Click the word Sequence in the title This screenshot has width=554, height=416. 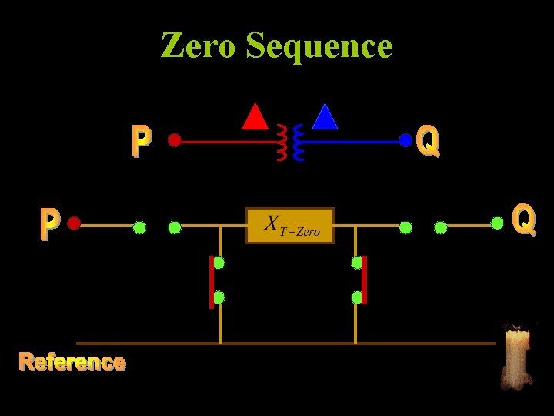click(x=319, y=47)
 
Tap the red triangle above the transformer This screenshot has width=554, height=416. click(x=255, y=116)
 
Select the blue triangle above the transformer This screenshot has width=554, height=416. click(x=325, y=116)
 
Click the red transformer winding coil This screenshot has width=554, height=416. click(x=282, y=143)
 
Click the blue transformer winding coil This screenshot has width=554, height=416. click(x=299, y=143)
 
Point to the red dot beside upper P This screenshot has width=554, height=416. click(x=175, y=141)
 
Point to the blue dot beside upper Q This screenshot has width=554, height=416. click(x=405, y=140)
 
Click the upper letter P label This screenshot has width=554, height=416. click(x=141, y=142)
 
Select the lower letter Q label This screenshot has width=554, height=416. click(x=524, y=220)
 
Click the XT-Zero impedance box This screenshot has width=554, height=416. click(x=290, y=226)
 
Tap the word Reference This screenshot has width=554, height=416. click(x=72, y=362)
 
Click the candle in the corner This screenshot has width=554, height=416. click(x=516, y=356)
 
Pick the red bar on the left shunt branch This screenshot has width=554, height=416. click(x=212, y=281)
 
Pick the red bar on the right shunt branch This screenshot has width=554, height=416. click(x=365, y=280)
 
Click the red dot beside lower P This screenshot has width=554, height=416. click(x=74, y=223)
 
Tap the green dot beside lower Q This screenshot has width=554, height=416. click(x=498, y=223)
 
